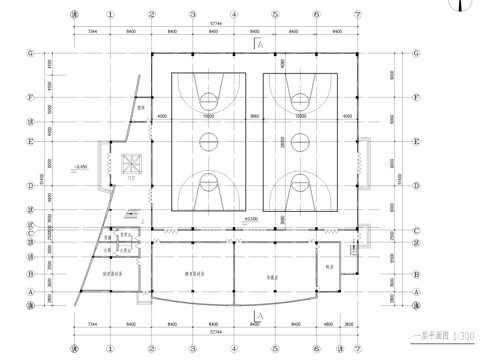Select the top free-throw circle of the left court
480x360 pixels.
(207, 99)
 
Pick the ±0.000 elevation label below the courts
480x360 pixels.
(251, 218)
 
